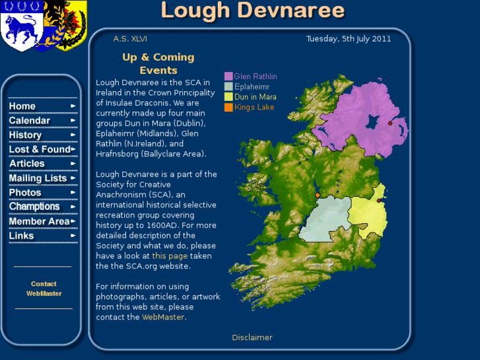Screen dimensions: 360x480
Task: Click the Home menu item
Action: point(22,106)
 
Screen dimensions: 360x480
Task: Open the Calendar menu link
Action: point(30,121)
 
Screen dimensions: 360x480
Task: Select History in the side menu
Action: point(25,135)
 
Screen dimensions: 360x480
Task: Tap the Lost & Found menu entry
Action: point(39,149)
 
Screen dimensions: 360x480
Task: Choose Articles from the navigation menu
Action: point(27,164)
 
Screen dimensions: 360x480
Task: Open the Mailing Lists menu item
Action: point(38,178)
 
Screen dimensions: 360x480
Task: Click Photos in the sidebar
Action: point(25,193)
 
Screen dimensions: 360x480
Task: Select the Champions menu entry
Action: point(34,207)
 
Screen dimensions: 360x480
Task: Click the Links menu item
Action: point(21,236)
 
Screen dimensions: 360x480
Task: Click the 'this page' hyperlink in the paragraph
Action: point(170,256)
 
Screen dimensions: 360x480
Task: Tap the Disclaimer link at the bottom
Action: point(252,338)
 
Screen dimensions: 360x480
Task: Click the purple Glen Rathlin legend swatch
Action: point(228,77)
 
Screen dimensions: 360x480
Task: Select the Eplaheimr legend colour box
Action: point(228,87)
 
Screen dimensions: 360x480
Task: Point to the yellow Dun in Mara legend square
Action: point(228,97)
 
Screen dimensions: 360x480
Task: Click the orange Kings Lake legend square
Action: point(228,107)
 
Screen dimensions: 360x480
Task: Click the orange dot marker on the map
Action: point(318,196)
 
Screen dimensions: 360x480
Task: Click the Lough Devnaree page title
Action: point(252,11)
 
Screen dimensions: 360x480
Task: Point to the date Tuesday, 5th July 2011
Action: point(349,39)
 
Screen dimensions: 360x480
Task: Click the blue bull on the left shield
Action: point(22,27)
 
